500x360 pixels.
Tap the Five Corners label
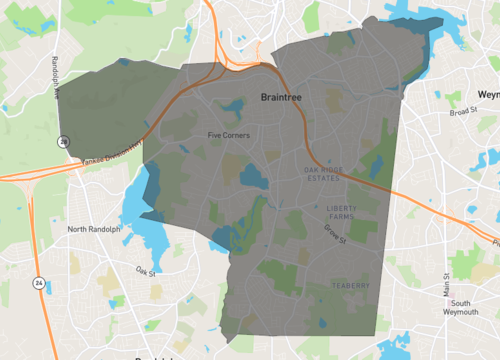[x=228, y=135]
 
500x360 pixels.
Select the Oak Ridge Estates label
[x=325, y=173]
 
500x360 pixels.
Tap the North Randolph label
[x=93, y=229]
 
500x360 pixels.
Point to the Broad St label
[x=464, y=112]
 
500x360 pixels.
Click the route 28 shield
[x=65, y=143]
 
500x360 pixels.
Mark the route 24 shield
[x=38, y=282]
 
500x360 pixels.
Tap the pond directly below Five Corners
[x=252, y=178]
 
